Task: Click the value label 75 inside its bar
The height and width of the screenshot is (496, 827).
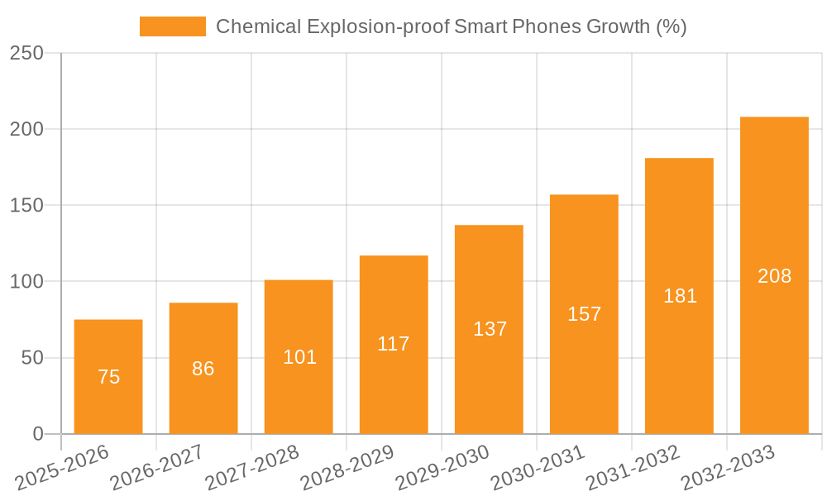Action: pyautogui.click(x=108, y=377)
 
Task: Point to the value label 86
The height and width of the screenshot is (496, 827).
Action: pyautogui.click(x=203, y=369)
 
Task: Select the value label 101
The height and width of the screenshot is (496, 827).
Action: pyautogui.click(x=299, y=357)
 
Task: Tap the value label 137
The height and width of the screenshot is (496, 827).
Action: pyautogui.click(x=490, y=329)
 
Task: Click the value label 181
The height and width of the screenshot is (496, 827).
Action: pyautogui.click(x=680, y=296)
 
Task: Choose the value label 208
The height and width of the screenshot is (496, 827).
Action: pyautogui.click(x=774, y=276)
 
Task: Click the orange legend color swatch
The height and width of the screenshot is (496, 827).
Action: pyautogui.click(x=172, y=26)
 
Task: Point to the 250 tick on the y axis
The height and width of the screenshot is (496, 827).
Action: pyautogui.click(x=26, y=53)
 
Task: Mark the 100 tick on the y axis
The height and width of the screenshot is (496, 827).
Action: pyautogui.click(x=26, y=282)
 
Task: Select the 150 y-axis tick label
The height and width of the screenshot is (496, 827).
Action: pyautogui.click(x=26, y=205)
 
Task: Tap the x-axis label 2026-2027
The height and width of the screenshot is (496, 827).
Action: pyautogui.click(x=157, y=467)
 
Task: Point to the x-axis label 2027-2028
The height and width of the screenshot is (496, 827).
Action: pyautogui.click(x=252, y=467)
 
